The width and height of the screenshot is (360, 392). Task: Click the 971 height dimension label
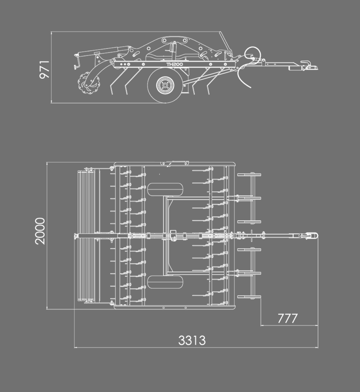point(44,70)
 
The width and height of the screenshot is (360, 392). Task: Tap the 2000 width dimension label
point(40,231)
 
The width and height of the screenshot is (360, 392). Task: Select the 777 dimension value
point(288,318)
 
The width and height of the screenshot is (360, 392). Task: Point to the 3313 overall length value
point(192,340)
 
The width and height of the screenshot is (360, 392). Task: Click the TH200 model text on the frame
point(175,64)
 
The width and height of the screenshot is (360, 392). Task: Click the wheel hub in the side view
point(165,85)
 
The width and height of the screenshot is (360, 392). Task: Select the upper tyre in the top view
point(165,189)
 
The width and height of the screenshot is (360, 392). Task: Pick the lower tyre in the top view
point(165,282)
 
